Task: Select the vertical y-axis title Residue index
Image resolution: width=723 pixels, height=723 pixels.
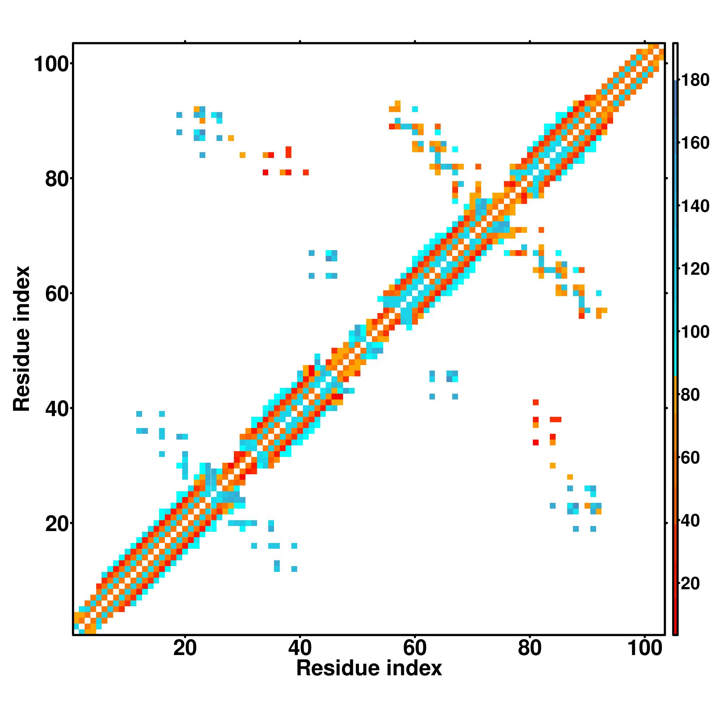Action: (x=22, y=339)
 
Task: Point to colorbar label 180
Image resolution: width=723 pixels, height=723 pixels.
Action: (x=695, y=80)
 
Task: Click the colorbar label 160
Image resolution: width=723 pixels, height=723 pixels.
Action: (x=695, y=143)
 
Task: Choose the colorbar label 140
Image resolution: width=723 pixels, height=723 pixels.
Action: (x=695, y=206)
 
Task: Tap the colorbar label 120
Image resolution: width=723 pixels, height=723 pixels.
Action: (x=695, y=269)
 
